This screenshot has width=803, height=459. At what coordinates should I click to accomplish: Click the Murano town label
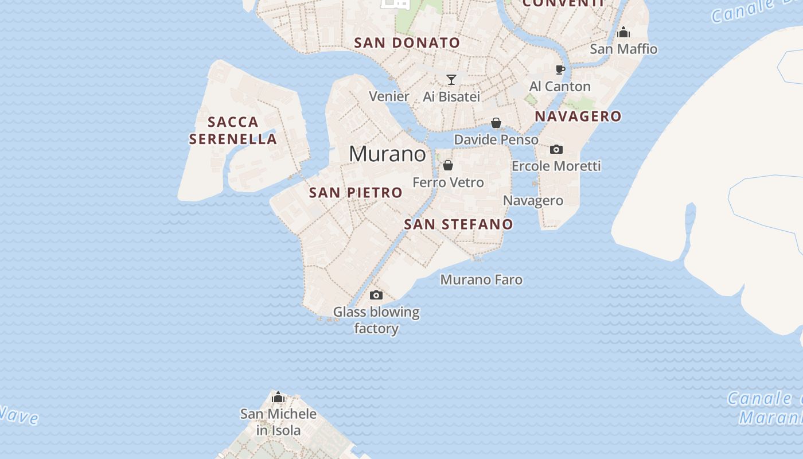point(387,154)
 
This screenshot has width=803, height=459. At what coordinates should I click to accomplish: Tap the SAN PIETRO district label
point(356,193)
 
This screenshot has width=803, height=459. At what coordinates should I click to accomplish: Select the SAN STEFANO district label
point(458,224)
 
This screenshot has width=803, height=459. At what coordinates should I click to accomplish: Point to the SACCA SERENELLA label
point(233,130)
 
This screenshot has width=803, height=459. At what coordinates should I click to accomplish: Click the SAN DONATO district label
point(407,43)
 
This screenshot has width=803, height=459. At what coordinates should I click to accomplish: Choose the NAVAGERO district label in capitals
point(578,116)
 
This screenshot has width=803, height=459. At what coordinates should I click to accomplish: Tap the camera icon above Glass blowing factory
point(376,295)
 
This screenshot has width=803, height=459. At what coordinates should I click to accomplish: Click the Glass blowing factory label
point(376,320)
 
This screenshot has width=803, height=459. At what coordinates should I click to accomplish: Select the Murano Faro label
point(481,280)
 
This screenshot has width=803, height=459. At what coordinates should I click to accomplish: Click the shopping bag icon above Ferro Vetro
point(448,166)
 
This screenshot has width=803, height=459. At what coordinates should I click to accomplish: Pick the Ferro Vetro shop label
point(448,182)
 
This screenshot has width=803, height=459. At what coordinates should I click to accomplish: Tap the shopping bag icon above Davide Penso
point(496,123)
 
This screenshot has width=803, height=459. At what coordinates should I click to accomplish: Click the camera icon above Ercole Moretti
point(556,150)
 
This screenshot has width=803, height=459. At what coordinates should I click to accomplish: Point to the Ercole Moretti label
point(556,166)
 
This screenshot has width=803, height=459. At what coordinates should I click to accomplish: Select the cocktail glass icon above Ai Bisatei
point(451,80)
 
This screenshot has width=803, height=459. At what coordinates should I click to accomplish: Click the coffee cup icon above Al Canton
point(560,70)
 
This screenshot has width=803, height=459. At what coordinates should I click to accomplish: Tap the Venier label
point(389,96)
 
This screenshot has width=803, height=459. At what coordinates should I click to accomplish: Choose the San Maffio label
point(623,49)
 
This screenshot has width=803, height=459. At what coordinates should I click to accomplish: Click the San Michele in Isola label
point(278,422)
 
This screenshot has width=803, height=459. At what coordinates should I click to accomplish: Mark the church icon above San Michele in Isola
point(278,397)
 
